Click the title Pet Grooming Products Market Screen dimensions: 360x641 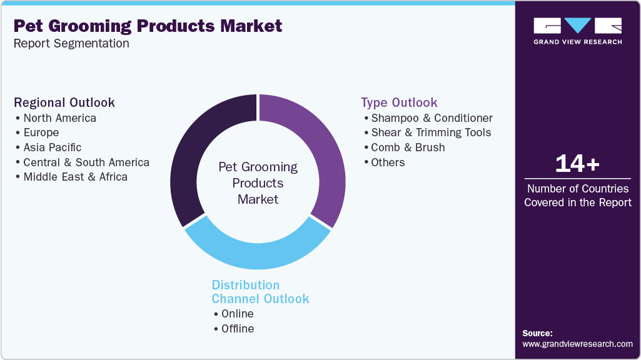(148, 26)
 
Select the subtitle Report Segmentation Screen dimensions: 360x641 (71, 44)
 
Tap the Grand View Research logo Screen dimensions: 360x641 (577, 31)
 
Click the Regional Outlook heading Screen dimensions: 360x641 (64, 102)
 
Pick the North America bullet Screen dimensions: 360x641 (60, 118)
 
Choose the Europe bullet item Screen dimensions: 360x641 (41, 132)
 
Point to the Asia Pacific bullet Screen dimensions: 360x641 (53, 147)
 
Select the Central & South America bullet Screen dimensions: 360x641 (86, 162)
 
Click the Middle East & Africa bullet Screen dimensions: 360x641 (75, 177)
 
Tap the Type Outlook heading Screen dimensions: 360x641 (399, 102)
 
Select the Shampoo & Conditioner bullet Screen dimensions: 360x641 (432, 118)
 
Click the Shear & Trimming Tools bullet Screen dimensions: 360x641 (431, 132)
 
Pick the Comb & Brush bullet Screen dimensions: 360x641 (408, 147)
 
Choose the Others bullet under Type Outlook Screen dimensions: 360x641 (388, 162)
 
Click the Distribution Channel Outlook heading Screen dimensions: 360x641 (260, 292)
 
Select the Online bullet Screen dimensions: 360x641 (237, 314)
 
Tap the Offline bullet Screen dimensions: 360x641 (238, 329)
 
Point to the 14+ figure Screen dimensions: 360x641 (577, 164)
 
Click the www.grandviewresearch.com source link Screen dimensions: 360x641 (577, 344)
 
